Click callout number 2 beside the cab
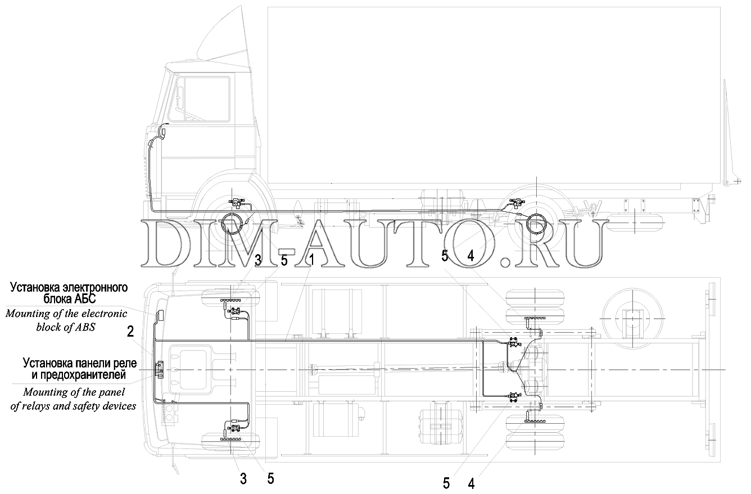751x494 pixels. click(130, 332)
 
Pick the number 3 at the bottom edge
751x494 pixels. click(243, 479)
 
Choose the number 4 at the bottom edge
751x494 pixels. click(470, 483)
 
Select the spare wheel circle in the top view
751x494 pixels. click(628, 318)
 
